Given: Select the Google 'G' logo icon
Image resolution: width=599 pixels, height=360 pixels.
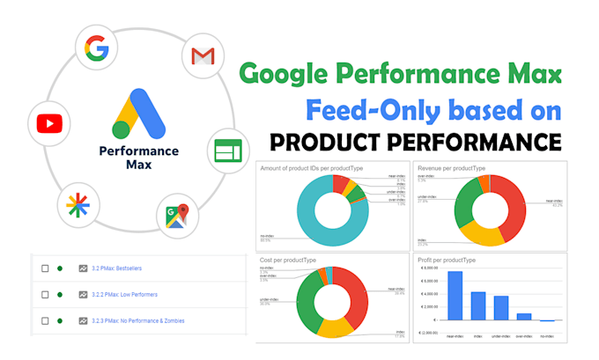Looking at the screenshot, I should click(x=97, y=48).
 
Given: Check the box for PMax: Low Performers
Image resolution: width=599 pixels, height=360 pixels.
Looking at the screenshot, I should click(x=43, y=293).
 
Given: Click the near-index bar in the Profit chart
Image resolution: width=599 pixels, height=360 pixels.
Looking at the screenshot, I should click(x=455, y=296).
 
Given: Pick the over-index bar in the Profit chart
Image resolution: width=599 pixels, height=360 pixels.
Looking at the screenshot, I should click(x=523, y=316).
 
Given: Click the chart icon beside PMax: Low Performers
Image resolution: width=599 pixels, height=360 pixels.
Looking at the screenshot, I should click(x=83, y=293).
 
